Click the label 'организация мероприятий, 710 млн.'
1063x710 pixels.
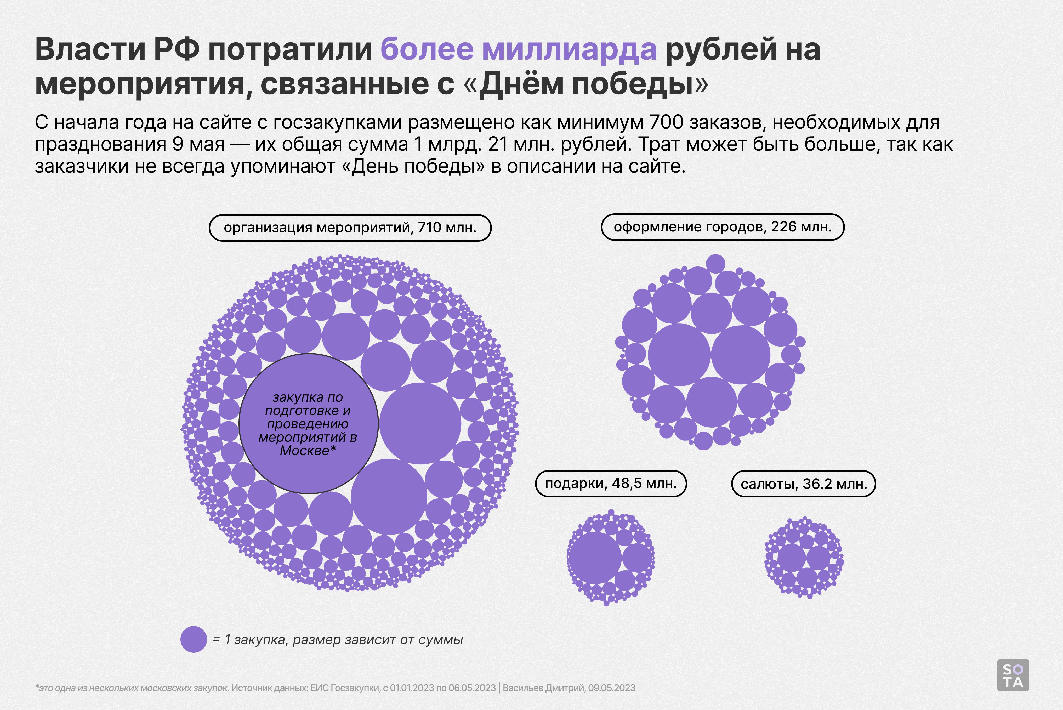click(350, 227)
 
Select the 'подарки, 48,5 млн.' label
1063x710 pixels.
click(610, 484)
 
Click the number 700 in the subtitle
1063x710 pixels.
click(666, 122)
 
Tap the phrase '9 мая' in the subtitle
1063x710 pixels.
click(198, 144)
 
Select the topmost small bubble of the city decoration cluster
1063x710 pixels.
click(715, 264)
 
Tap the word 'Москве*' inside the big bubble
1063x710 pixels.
click(308, 451)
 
